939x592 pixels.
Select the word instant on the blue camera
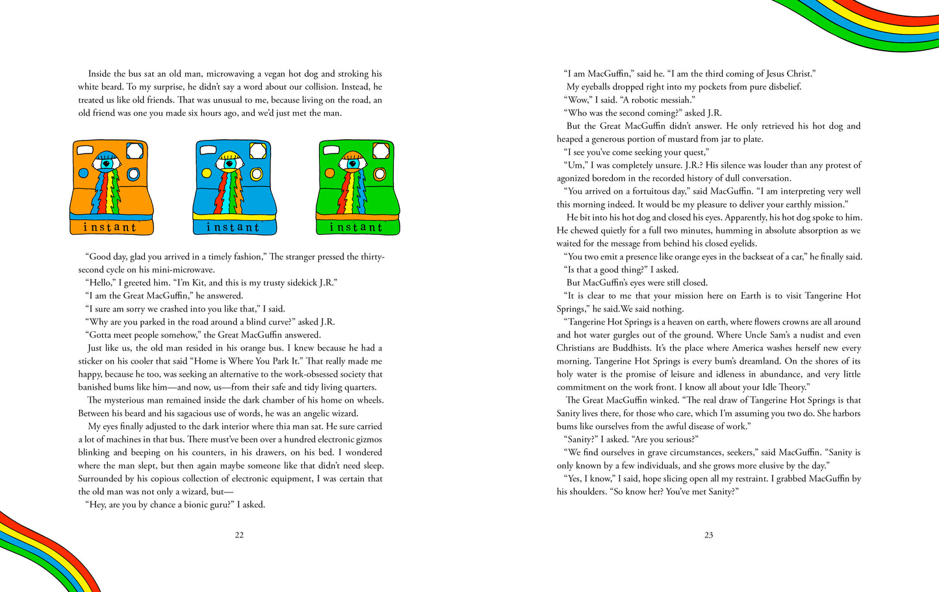coord(233,227)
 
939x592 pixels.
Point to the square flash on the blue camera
coord(257,151)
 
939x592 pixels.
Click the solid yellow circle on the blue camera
coord(207,174)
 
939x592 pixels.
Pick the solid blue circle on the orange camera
coord(83,174)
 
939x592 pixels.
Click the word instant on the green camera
coord(356,227)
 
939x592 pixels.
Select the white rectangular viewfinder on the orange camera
coord(135,151)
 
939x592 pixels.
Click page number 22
coord(239,535)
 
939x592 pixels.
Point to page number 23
coord(708,535)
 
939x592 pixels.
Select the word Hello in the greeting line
coord(101,283)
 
